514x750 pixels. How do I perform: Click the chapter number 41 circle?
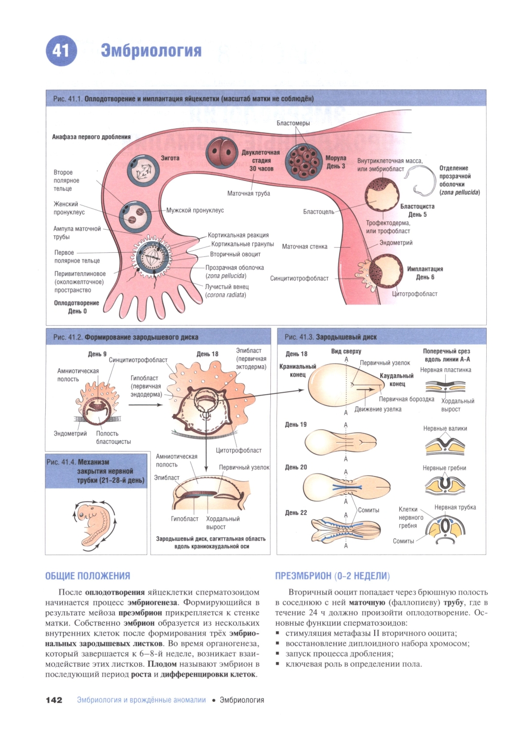click(x=61, y=50)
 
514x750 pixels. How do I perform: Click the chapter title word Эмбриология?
click(x=151, y=50)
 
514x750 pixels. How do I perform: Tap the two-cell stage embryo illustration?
click(x=222, y=153)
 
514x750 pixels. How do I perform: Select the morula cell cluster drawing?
click(x=304, y=161)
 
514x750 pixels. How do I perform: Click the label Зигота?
click(x=170, y=158)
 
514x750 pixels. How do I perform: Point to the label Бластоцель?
click(x=318, y=212)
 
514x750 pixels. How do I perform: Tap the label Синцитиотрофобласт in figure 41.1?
click(x=299, y=278)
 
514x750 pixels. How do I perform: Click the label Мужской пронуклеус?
click(x=195, y=210)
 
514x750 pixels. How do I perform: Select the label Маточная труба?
click(x=248, y=193)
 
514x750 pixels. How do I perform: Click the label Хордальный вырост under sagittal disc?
click(x=223, y=523)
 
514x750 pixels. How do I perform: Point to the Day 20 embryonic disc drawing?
click(x=346, y=486)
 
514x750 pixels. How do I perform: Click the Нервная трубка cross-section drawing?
click(x=445, y=528)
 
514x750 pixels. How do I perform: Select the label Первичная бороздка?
click(x=406, y=399)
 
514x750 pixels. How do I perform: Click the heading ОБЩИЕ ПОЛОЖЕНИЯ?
click(x=88, y=576)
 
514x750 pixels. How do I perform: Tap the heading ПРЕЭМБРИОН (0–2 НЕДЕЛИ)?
click(x=332, y=576)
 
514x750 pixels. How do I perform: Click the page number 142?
click(x=54, y=700)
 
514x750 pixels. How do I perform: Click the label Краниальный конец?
click(x=298, y=370)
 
